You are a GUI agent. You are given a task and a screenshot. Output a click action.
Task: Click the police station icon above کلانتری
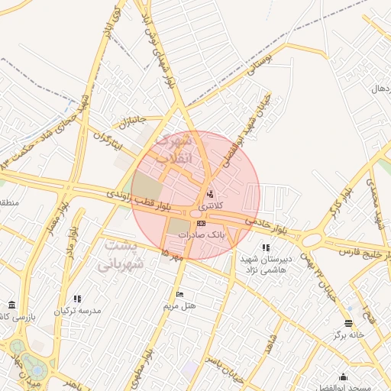(210, 193)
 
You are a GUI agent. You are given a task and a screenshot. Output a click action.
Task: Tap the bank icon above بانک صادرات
(202, 223)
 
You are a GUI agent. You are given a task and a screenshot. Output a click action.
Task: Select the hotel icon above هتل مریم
(179, 294)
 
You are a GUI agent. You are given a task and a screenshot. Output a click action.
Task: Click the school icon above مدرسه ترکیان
(77, 299)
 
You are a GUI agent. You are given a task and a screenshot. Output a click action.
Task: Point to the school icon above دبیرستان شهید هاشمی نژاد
(265, 247)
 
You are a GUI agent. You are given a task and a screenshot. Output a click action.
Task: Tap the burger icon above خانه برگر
(348, 323)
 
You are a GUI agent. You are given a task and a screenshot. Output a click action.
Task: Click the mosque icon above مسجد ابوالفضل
(343, 376)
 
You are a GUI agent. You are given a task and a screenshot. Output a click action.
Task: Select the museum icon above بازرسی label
(11, 303)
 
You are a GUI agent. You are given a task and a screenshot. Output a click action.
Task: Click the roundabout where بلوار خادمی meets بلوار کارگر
(311, 241)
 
